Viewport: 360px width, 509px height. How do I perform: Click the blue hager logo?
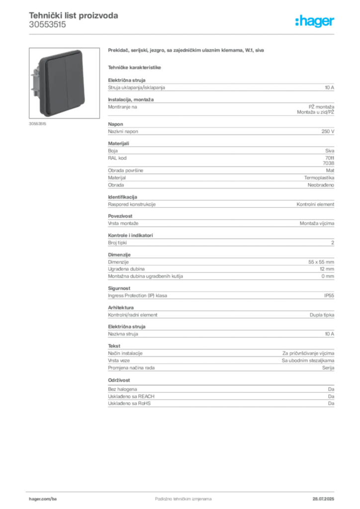click(315, 21)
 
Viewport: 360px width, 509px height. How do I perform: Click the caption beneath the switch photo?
click(38, 123)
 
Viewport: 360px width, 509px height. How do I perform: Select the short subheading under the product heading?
click(135, 66)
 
